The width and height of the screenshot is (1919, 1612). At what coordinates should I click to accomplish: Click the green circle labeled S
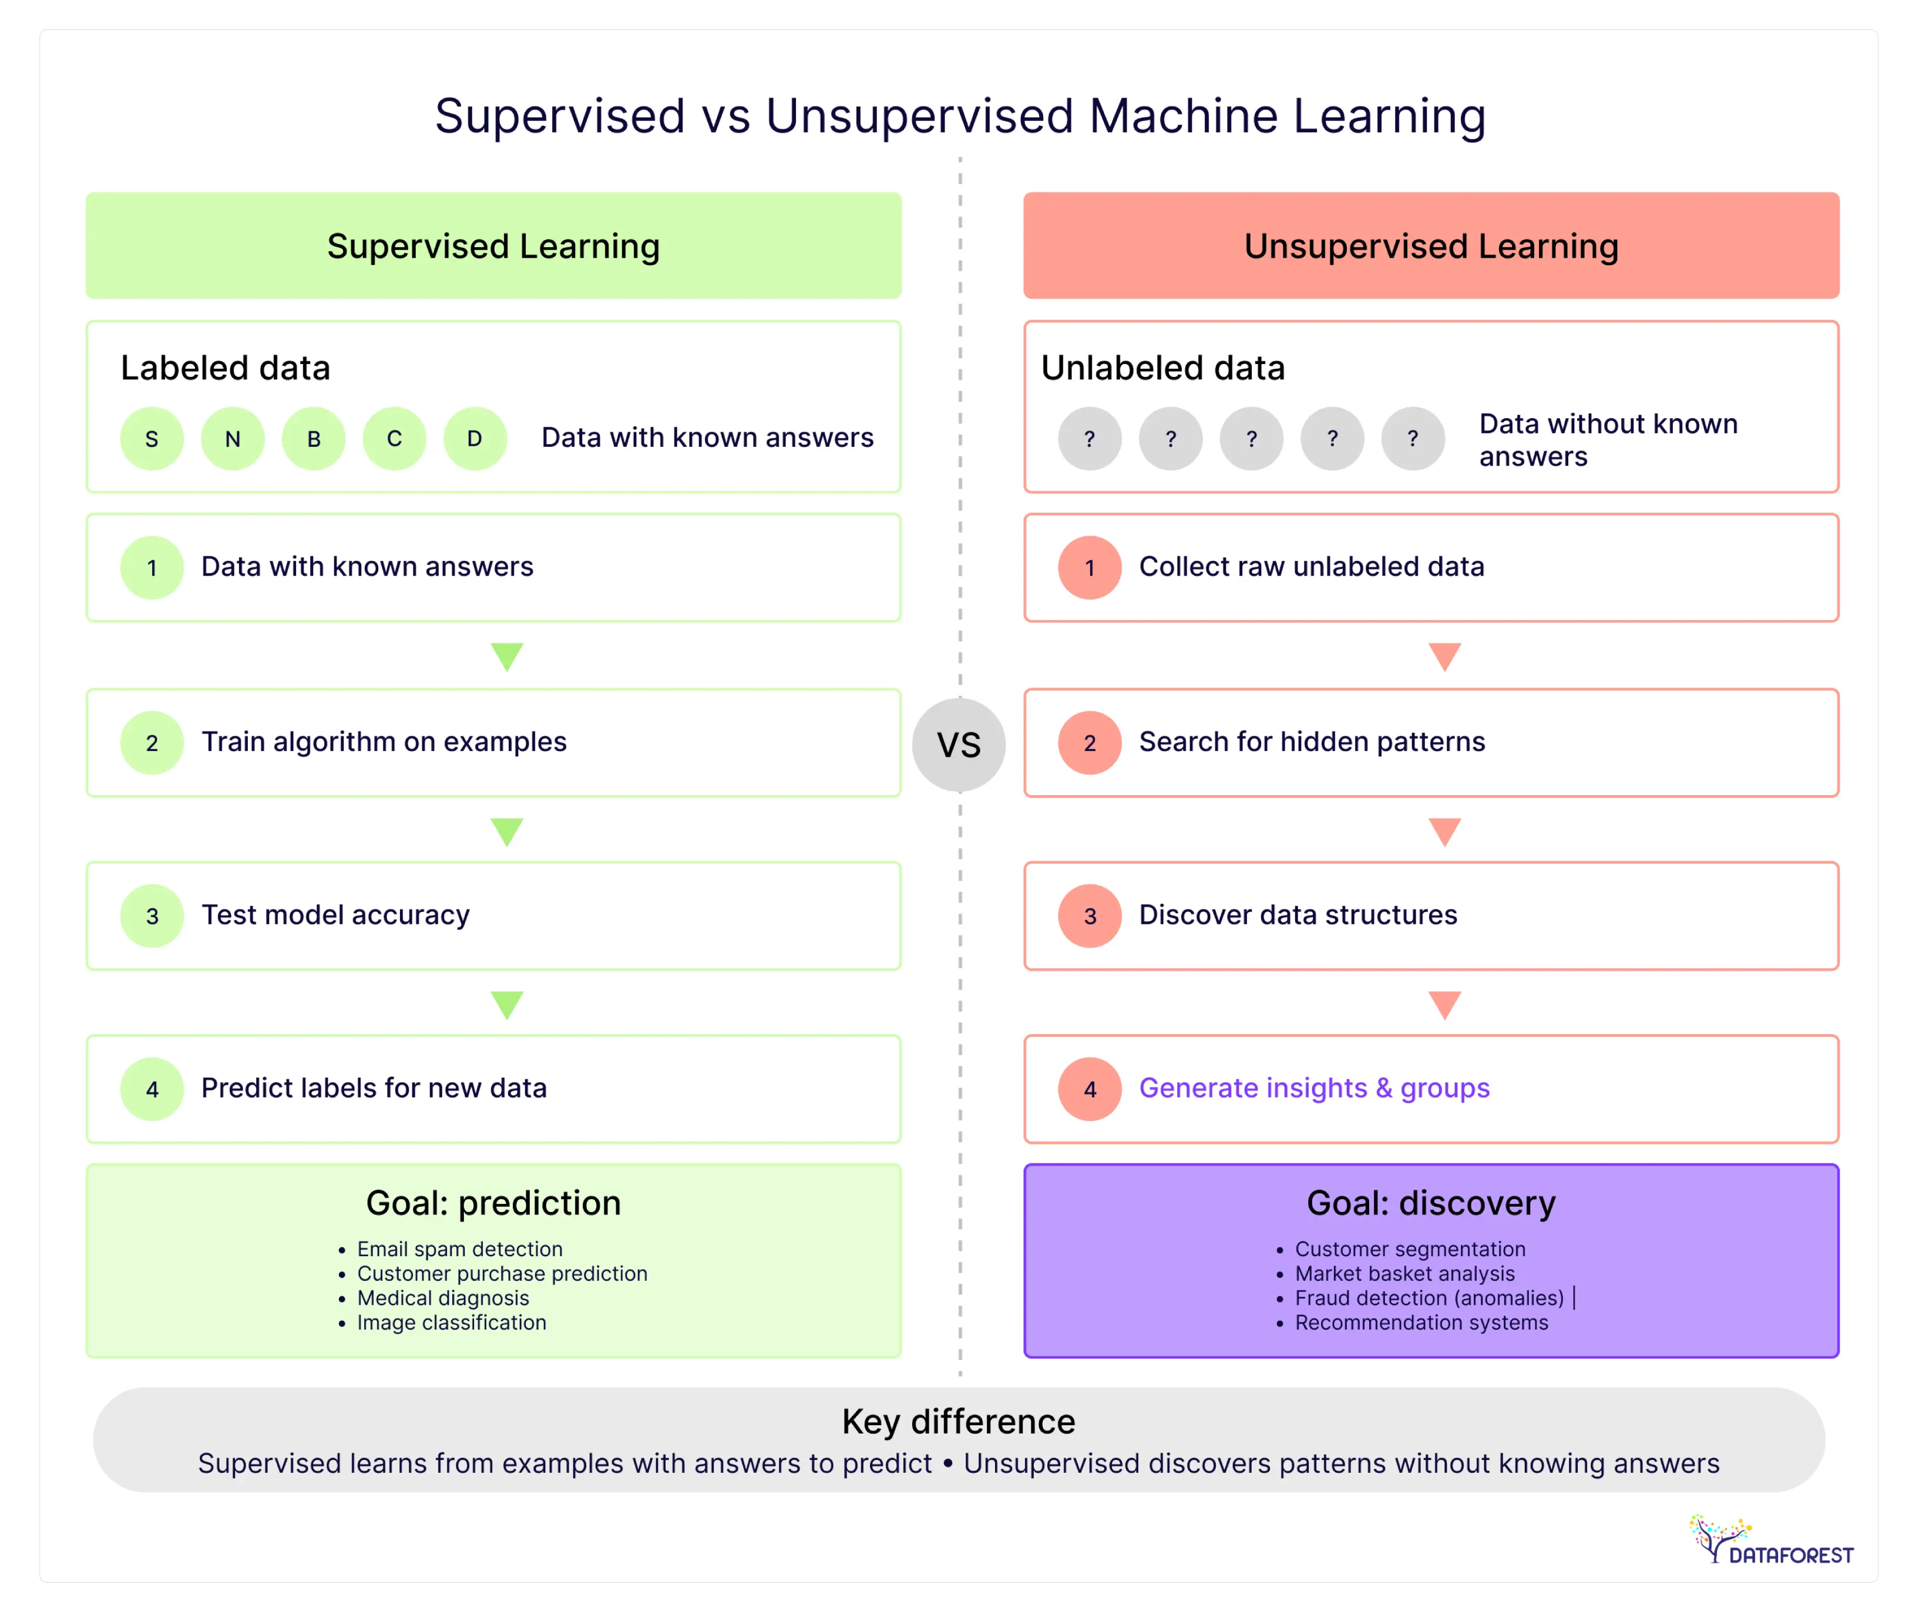pos(152,439)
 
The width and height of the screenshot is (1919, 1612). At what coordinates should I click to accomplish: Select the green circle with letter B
pos(314,439)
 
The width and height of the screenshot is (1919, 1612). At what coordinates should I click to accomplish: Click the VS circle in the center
pos(959,745)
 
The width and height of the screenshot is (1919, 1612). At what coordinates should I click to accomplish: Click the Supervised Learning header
pos(493,246)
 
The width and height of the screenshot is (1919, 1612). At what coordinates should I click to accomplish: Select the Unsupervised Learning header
pos(1431,246)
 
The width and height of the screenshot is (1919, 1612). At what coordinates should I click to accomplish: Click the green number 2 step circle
pos(152,743)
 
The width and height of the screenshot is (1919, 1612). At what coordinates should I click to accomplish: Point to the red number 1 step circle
pos(1089,567)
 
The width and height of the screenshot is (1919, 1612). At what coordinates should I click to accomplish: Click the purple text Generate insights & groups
pos(1313,1088)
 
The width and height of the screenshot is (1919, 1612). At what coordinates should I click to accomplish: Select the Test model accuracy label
pos(335,915)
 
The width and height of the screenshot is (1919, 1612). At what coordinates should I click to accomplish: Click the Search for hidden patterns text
pos(1311,742)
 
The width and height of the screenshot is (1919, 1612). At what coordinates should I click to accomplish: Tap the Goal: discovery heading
pos(1431,1203)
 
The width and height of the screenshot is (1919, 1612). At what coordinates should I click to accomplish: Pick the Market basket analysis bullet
pos(1404,1274)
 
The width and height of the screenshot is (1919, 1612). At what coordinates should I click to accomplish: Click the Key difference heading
pos(959,1422)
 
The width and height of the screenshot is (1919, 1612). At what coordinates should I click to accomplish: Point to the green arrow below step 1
pos(506,656)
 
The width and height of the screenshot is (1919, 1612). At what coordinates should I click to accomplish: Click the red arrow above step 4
pos(1444,1004)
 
